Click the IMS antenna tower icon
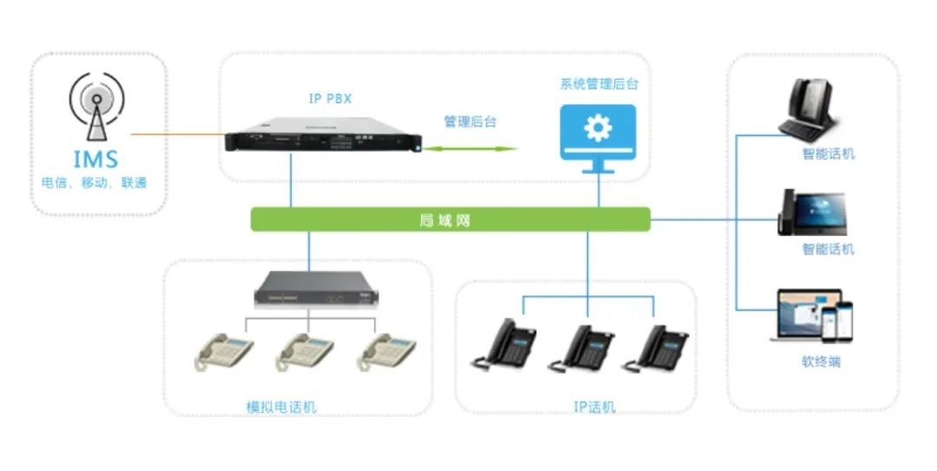click(96, 109)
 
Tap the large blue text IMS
click(96, 160)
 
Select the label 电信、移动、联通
click(95, 183)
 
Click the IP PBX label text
click(331, 99)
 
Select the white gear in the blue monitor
click(597, 128)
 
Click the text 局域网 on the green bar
click(450, 220)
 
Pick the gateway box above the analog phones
click(310, 290)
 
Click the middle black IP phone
click(586, 348)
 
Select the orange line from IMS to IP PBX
click(178, 134)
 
